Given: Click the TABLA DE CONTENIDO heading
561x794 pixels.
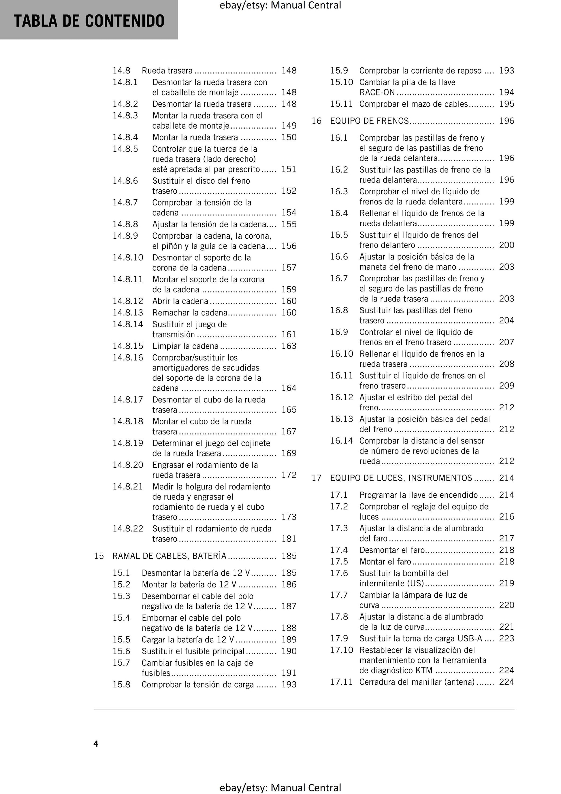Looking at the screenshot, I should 89,21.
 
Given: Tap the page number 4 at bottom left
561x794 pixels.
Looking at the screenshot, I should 96,744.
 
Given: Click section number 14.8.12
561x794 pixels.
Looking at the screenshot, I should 128,301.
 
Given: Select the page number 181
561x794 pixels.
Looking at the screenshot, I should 289,539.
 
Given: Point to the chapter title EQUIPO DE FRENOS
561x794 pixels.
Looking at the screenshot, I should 369,121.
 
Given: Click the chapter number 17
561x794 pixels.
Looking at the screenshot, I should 317,478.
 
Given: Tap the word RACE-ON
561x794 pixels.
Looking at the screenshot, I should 377,93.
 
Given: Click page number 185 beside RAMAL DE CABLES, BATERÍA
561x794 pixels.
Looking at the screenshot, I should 289,556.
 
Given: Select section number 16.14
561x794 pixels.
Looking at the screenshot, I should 341,441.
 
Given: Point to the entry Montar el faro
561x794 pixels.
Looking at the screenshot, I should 385,562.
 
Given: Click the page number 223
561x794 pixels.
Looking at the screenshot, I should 506,638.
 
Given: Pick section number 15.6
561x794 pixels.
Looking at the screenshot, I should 121,651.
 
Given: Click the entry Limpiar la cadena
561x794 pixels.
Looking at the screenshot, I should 185,346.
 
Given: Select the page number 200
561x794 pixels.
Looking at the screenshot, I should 506,245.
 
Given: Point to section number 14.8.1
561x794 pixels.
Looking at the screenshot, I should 125,82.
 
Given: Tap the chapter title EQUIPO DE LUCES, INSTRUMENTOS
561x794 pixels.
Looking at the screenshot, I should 401,478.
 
